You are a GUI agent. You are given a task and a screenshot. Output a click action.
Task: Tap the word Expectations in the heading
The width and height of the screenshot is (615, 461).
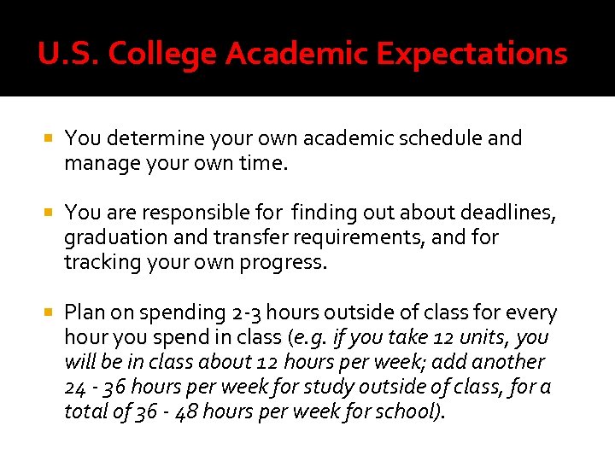point(471,55)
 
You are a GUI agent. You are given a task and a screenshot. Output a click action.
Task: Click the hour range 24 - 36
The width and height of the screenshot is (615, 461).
point(97,387)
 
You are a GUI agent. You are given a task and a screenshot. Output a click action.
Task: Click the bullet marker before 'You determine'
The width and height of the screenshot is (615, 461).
point(50,137)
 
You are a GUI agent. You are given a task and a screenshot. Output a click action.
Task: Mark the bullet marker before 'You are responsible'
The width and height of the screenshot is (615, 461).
point(50,211)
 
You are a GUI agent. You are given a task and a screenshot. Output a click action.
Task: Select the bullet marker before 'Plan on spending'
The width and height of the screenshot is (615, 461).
point(50,312)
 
